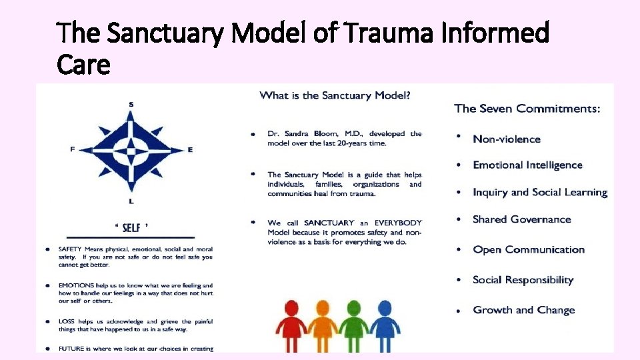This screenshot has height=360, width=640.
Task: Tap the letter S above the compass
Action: click(131, 103)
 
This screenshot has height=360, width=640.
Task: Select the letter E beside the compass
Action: click(190, 150)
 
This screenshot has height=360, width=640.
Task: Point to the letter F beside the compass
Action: click(72, 150)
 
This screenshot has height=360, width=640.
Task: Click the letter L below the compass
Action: click(131, 201)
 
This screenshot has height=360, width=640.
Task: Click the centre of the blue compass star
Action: click(131, 151)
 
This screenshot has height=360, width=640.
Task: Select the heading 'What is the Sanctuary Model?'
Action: click(335, 95)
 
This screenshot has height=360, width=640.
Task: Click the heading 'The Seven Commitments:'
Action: click(527, 109)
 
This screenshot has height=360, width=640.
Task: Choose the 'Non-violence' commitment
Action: click(507, 139)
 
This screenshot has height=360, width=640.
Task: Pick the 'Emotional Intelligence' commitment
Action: click(527, 165)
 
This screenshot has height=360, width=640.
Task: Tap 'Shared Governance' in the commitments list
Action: click(522, 219)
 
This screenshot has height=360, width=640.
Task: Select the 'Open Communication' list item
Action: click(529, 250)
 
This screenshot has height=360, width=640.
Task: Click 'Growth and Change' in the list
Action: click(523, 310)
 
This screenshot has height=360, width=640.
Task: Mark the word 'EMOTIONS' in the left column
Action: click(77, 285)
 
